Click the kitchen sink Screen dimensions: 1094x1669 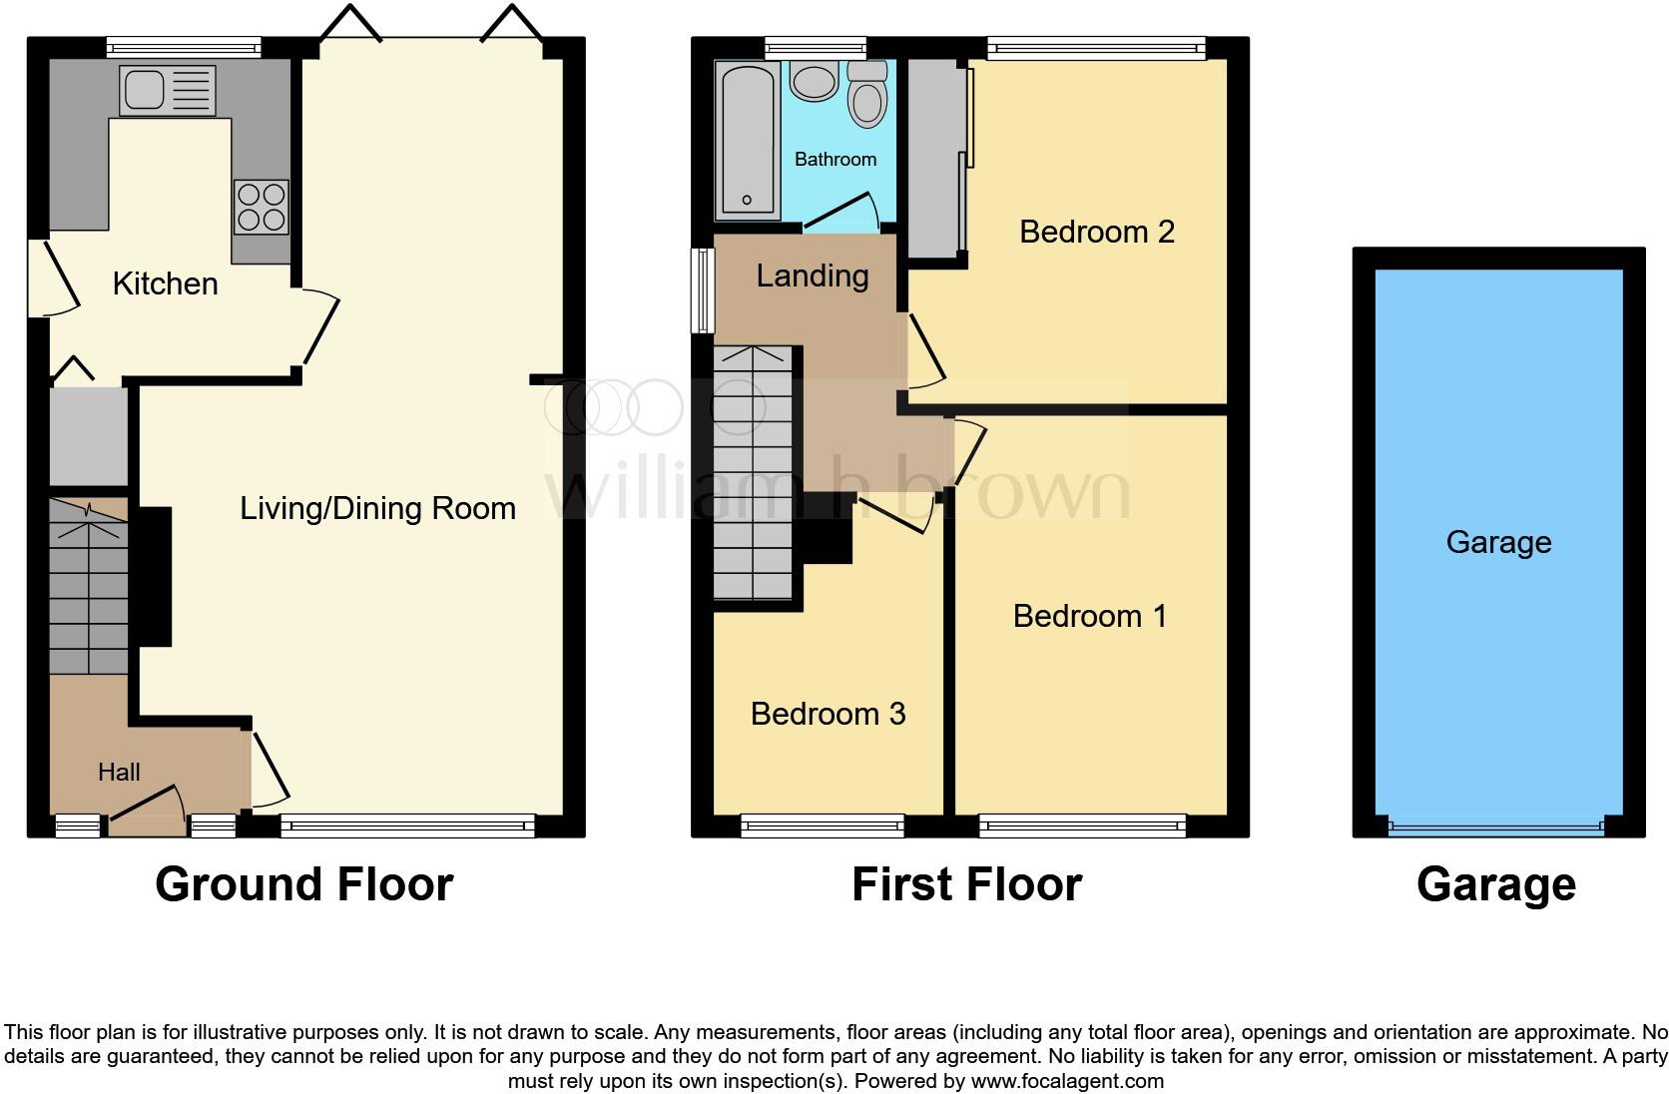click(167, 89)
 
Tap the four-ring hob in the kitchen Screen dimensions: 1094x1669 click(263, 207)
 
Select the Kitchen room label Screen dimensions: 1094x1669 click(165, 283)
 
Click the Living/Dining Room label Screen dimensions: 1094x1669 click(377, 508)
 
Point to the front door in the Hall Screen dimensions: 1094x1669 click(147, 809)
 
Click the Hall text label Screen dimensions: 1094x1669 click(119, 772)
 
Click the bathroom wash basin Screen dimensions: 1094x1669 click(815, 81)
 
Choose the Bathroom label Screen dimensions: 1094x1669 click(835, 159)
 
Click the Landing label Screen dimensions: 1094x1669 click(812, 275)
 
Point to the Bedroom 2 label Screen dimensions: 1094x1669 click(1096, 232)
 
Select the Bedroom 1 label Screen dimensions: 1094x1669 click(1089, 616)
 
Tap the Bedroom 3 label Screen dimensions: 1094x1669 click(828, 714)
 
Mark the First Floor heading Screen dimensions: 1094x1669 click(966, 884)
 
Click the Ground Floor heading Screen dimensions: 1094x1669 click(304, 884)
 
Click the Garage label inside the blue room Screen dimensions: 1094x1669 click(1498, 542)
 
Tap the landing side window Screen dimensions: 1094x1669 click(705, 289)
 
